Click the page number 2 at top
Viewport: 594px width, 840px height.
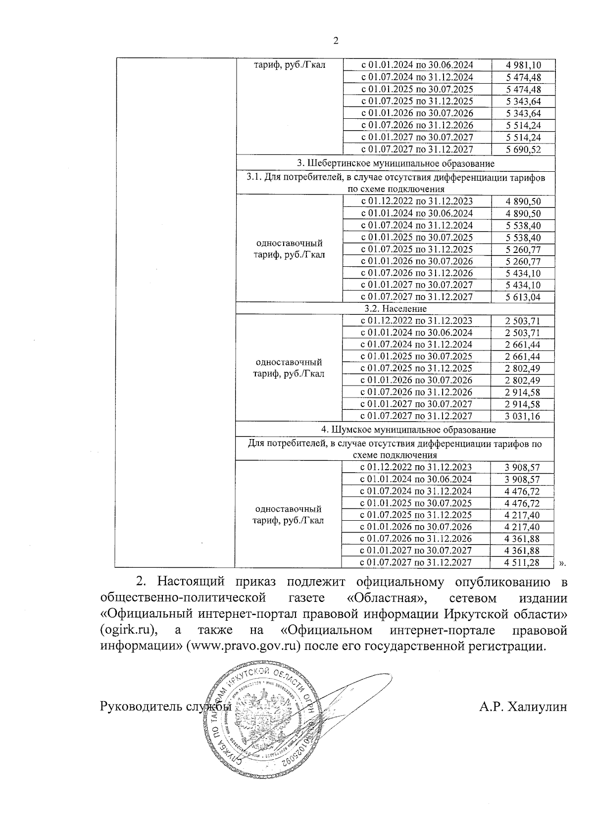(x=336, y=41)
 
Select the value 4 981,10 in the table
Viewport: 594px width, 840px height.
(x=523, y=65)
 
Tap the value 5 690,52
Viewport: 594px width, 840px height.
(x=523, y=149)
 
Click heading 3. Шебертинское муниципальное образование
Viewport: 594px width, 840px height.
(x=396, y=163)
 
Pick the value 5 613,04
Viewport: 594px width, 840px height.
(x=523, y=297)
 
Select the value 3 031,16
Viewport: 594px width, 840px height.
(x=523, y=416)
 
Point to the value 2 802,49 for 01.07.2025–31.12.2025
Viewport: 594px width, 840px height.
(x=523, y=369)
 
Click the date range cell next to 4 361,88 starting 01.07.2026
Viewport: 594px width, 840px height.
(x=416, y=539)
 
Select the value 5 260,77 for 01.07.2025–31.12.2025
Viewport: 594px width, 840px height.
(x=523, y=249)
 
